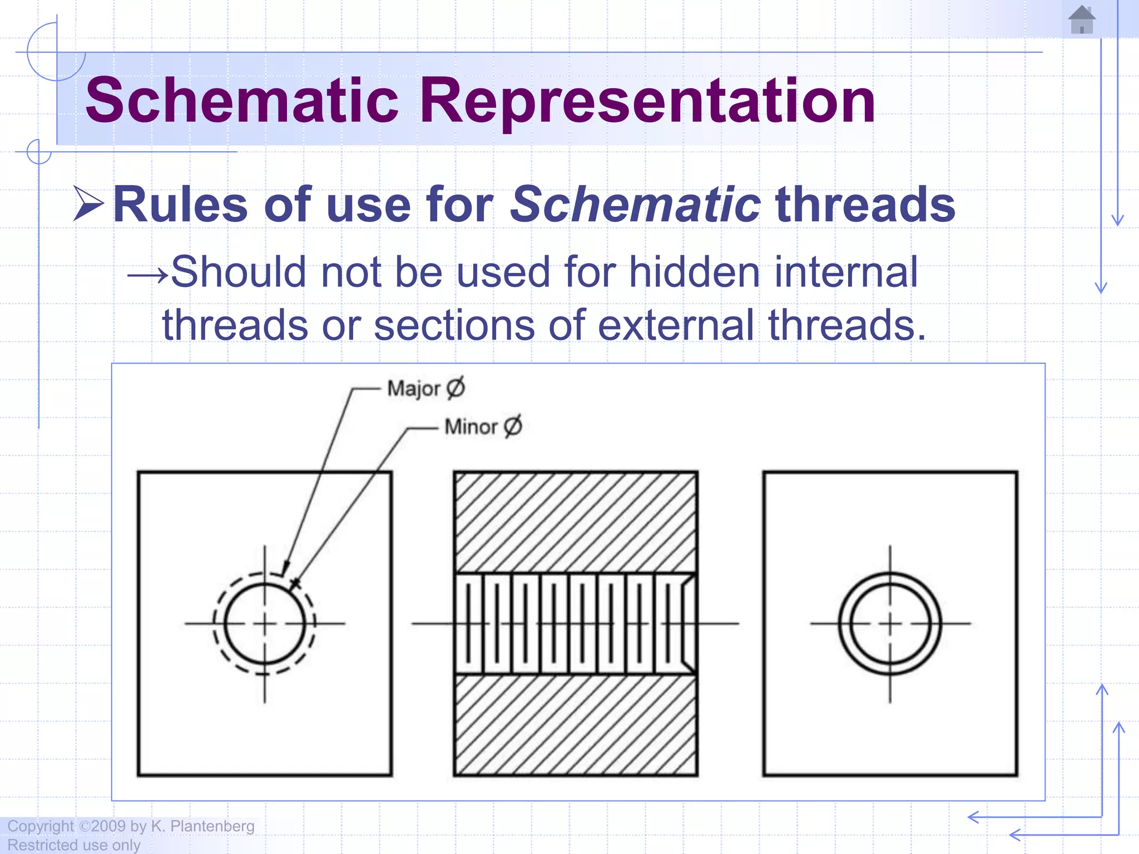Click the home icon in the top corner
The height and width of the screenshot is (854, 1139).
[1082, 20]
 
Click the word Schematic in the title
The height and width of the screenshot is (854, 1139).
[242, 101]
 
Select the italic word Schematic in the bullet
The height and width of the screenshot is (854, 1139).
[635, 205]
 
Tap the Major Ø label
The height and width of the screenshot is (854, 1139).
[425, 388]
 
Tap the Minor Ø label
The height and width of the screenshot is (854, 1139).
[483, 426]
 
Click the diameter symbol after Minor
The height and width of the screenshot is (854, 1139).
[513, 426]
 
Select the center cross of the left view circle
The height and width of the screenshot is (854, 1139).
[265, 624]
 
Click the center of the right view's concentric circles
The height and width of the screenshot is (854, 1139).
[890, 624]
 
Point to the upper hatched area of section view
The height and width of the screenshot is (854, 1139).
[576, 523]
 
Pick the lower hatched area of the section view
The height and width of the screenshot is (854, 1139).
[576, 725]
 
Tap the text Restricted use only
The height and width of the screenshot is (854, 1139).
[74, 845]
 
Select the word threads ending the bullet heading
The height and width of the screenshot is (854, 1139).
[865, 205]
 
